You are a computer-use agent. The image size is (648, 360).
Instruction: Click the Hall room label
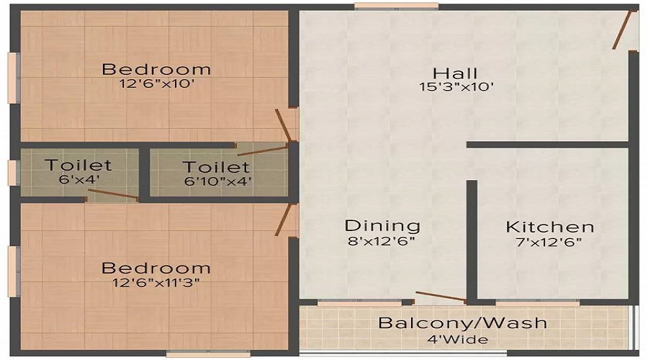[455, 73]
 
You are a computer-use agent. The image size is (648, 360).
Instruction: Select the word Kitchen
[550, 227]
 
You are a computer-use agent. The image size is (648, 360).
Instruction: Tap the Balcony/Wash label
[463, 323]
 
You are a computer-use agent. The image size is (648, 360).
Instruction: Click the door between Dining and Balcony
[441, 297]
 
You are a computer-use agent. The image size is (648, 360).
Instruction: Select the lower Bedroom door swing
[284, 219]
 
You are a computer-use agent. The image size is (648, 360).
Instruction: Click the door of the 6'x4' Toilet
[112, 194]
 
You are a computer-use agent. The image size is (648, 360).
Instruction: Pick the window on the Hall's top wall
[396, 6]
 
